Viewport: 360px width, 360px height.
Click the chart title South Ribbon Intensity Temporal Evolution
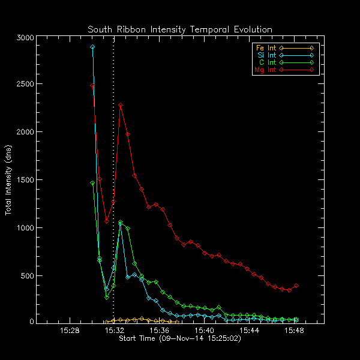pos(180,29)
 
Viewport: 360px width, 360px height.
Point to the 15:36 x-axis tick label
pos(159,331)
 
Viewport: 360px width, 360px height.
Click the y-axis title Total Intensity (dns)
pos(9,180)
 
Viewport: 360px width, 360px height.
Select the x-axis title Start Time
pos(180,338)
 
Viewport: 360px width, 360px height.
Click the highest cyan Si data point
pos(92,47)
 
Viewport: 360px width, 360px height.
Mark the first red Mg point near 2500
pos(92,85)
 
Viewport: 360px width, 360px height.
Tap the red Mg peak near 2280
pos(121,106)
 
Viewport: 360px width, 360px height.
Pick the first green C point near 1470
pos(92,183)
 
